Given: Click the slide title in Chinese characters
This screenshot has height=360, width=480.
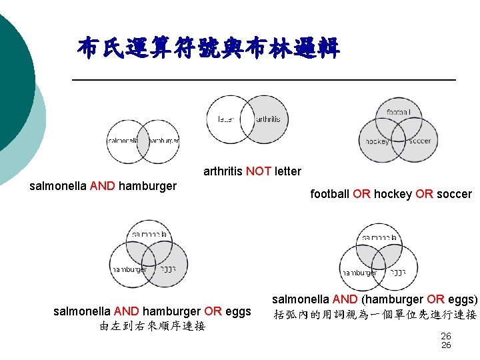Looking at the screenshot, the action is click(209, 48).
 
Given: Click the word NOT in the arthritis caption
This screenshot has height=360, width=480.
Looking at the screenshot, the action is click(259, 171).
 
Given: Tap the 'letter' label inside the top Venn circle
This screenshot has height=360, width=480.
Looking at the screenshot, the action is click(225, 119).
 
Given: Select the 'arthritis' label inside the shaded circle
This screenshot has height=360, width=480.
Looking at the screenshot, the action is click(268, 119).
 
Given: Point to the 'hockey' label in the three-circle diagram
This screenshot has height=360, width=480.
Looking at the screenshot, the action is click(377, 141).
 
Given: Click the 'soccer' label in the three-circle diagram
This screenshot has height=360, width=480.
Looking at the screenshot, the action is click(419, 141).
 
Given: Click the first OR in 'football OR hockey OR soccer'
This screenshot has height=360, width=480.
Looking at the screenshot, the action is click(361, 194).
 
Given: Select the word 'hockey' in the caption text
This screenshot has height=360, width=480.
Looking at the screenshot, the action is click(393, 194).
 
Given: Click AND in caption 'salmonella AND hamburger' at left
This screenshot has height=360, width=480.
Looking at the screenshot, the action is click(102, 186).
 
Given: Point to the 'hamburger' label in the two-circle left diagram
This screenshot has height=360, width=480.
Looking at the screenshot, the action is click(163, 141).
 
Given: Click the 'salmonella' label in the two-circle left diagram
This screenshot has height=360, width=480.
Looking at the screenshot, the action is click(123, 141).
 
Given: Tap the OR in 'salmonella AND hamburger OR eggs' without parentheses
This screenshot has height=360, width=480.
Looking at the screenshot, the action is click(213, 311).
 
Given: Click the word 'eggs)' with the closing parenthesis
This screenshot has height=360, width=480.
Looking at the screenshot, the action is click(462, 299).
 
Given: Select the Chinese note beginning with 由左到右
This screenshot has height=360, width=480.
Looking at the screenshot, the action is click(151, 326).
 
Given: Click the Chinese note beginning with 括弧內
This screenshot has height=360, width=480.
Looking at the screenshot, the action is click(375, 315).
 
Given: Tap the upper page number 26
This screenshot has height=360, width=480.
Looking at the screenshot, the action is click(446, 337).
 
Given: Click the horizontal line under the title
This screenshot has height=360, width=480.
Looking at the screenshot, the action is click(263, 80).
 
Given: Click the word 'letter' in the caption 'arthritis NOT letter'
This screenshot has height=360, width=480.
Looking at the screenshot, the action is click(287, 171).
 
